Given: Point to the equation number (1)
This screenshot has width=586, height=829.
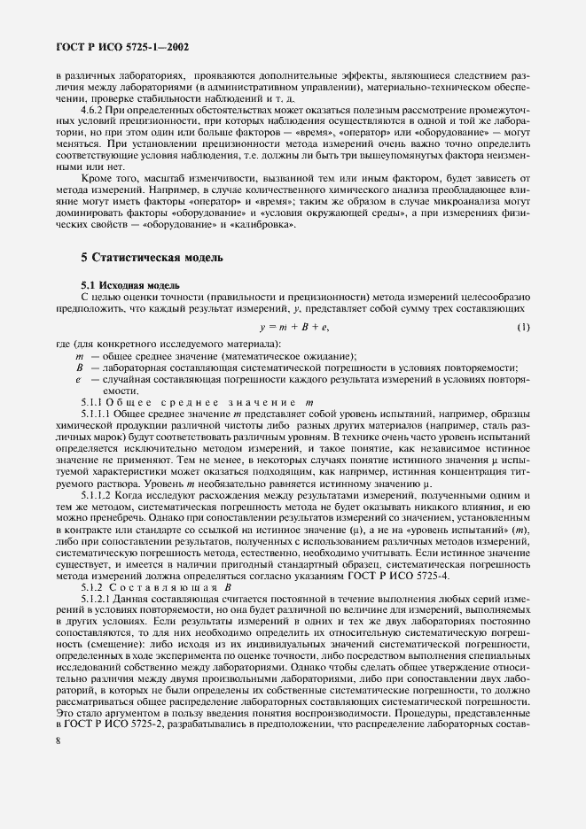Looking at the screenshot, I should [x=522, y=329].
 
